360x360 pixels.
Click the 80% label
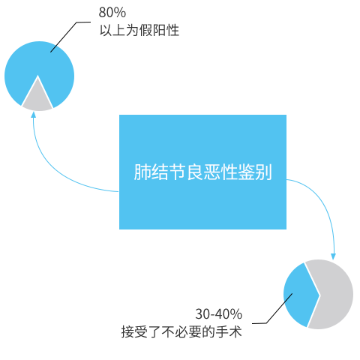pos(112,12)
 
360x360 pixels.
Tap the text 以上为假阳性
pos(139,31)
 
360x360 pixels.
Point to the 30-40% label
pos(219,314)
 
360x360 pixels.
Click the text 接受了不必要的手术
pos(181,332)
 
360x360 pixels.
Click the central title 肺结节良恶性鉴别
pos(202,172)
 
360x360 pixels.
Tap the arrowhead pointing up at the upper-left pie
pos(33,115)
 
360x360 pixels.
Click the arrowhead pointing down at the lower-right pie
pos(333,256)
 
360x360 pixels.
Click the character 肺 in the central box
pos(142,172)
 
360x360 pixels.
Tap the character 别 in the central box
pos(264,172)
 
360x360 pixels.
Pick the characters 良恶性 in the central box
pos(211,172)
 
